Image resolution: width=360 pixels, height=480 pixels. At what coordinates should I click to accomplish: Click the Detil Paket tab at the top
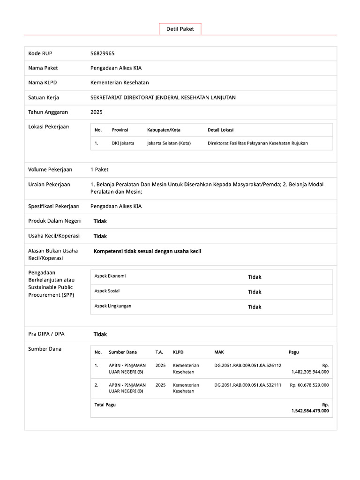pos(180,29)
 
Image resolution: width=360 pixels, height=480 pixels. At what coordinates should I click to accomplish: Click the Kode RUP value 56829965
pos(103,53)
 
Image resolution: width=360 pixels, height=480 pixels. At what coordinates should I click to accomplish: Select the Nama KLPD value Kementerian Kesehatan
pos(120,82)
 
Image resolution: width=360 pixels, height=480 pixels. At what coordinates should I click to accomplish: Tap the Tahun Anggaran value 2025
pos(97,112)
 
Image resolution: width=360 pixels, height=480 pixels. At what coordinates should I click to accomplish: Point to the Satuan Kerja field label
pos(44,97)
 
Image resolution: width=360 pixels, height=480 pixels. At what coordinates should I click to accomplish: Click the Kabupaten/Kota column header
pos(164,130)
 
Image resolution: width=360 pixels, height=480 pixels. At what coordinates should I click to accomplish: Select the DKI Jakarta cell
pos(123,143)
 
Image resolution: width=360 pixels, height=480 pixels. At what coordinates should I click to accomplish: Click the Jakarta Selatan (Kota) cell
pos(169,143)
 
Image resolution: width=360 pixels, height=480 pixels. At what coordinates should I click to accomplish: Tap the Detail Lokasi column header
pos(220,130)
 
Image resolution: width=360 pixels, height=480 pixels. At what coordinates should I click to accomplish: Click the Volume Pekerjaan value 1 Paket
pos(99,169)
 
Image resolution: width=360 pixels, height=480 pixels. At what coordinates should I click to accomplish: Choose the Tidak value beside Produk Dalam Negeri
pos(100,221)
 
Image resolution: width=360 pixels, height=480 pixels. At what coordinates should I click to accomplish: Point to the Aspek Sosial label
pos(107,291)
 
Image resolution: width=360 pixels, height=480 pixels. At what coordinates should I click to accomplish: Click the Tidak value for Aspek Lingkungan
pos(255,307)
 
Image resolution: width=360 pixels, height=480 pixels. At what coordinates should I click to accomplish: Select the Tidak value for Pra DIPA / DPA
pos(100,334)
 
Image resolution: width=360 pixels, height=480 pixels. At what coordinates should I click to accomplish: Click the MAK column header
pos(219,352)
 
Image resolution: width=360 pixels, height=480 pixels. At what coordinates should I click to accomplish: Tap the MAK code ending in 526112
pos(247,365)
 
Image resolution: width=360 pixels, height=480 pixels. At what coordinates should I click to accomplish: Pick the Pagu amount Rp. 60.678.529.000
pos(309,385)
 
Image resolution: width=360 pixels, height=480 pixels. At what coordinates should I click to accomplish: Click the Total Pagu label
pos(105,405)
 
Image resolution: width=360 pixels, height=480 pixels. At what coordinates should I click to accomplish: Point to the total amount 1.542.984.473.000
pos(310,411)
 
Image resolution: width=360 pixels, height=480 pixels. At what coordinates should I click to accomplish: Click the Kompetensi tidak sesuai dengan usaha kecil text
pos(147,251)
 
